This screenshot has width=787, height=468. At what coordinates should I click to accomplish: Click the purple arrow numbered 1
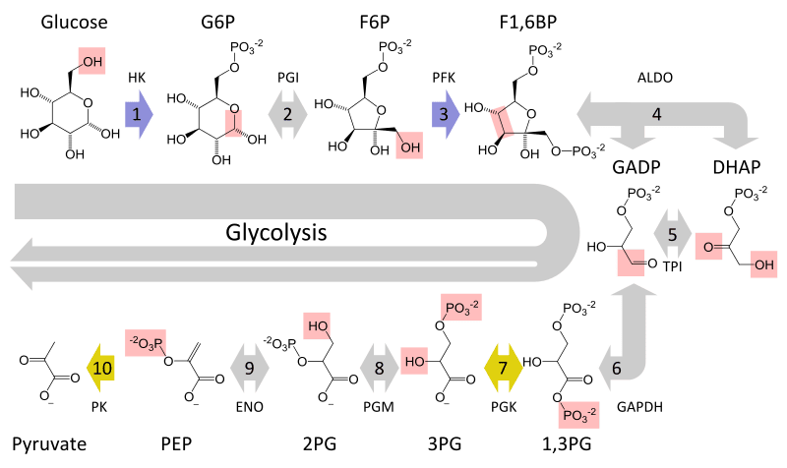tap(139, 114)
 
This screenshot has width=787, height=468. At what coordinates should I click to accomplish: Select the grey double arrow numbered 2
tap(287, 114)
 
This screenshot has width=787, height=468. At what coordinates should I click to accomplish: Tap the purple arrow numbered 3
tap(445, 114)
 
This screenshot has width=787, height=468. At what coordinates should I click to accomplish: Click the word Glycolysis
tap(275, 233)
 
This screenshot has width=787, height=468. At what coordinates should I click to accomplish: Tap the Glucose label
tap(74, 22)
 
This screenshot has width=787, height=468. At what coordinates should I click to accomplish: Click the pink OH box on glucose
tap(94, 62)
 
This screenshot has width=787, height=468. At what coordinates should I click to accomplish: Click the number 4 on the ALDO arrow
tap(656, 113)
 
